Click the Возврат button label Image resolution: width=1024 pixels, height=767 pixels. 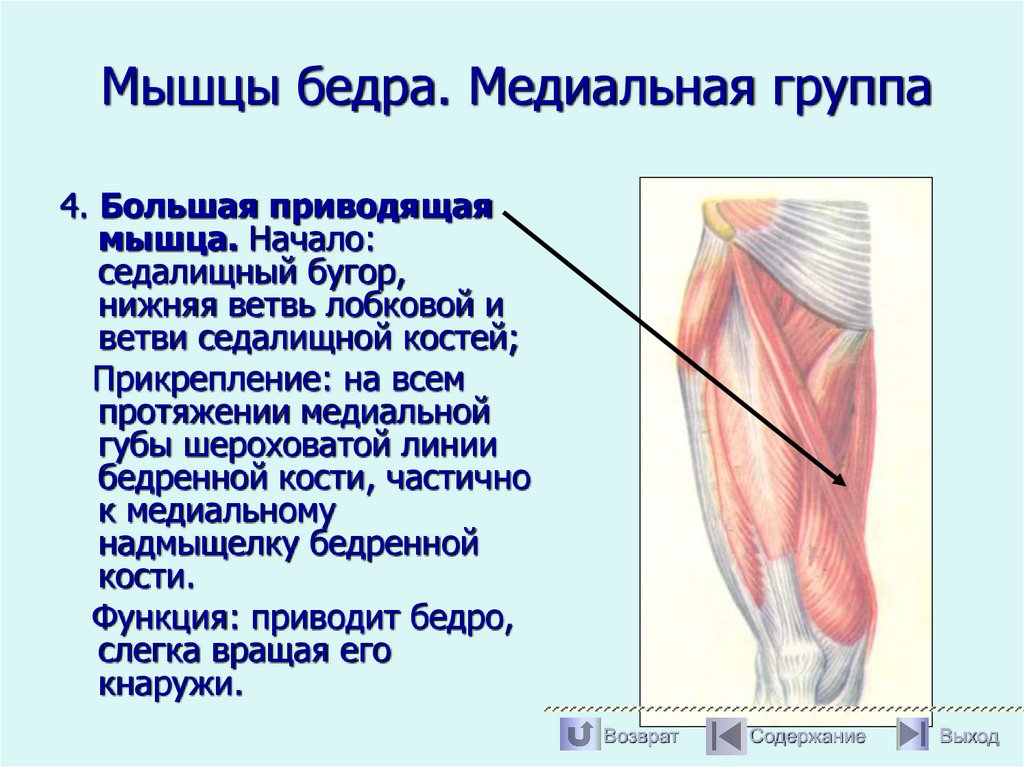click(x=640, y=737)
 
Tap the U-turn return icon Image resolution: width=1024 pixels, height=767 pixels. click(x=578, y=736)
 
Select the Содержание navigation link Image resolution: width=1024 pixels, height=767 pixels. click(x=807, y=737)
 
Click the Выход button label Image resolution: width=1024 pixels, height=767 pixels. click(x=968, y=737)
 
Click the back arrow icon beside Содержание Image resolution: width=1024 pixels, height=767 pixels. click(x=725, y=736)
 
